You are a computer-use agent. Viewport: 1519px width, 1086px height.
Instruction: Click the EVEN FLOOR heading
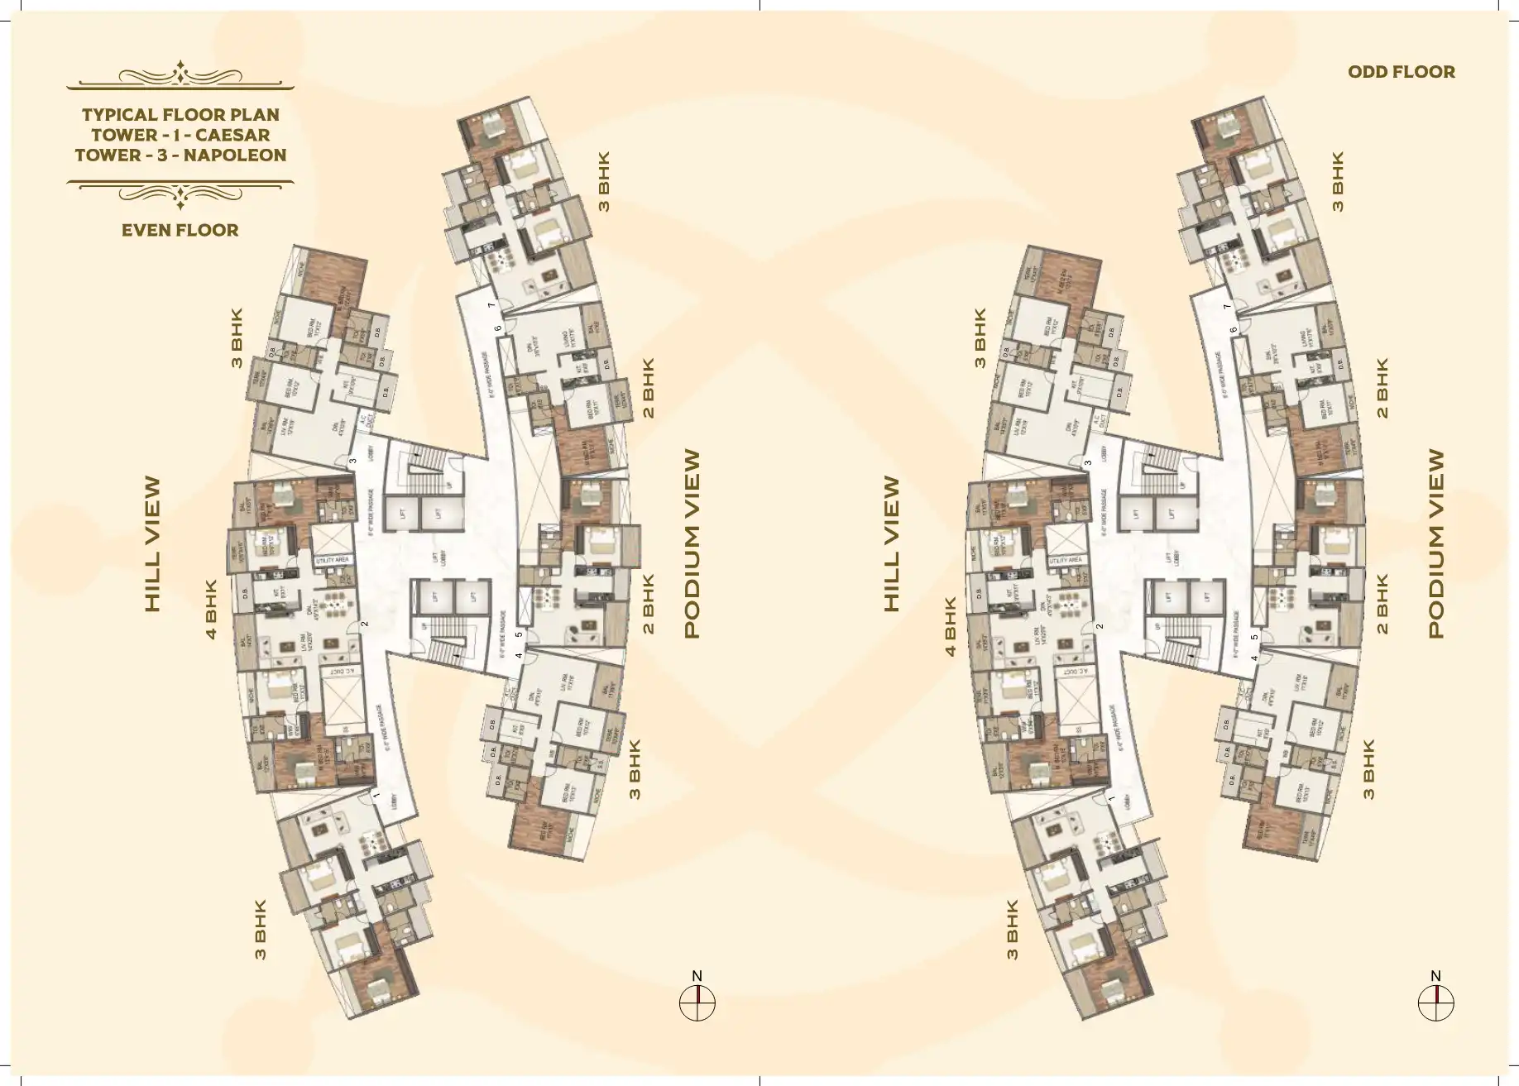[180, 230]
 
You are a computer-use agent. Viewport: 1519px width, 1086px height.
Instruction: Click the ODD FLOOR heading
[1401, 72]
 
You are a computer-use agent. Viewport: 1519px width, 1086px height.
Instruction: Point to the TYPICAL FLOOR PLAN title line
[180, 114]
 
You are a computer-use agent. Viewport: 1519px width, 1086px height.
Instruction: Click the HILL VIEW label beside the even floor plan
[152, 543]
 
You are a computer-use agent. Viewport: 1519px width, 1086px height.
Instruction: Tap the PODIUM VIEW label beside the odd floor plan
[1435, 543]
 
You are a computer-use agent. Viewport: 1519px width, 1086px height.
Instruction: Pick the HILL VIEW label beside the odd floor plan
[891, 543]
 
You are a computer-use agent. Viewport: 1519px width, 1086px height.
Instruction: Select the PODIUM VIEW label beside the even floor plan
[692, 543]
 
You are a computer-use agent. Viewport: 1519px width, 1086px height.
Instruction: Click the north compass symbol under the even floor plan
[697, 1003]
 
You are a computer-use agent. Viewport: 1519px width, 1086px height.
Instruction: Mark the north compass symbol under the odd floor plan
[1435, 1003]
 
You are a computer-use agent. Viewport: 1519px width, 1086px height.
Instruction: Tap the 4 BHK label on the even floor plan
[211, 610]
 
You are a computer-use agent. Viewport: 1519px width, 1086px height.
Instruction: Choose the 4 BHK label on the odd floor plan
[950, 626]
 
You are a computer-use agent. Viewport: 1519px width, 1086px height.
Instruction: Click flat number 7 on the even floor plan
[491, 305]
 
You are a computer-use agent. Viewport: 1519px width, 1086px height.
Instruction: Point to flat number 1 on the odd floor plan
[1112, 799]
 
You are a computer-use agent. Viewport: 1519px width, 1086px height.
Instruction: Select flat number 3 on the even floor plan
[352, 461]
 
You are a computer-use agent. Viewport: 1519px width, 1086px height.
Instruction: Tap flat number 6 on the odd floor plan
[1233, 329]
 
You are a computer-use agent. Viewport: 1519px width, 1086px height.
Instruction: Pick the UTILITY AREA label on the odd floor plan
[1065, 560]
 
